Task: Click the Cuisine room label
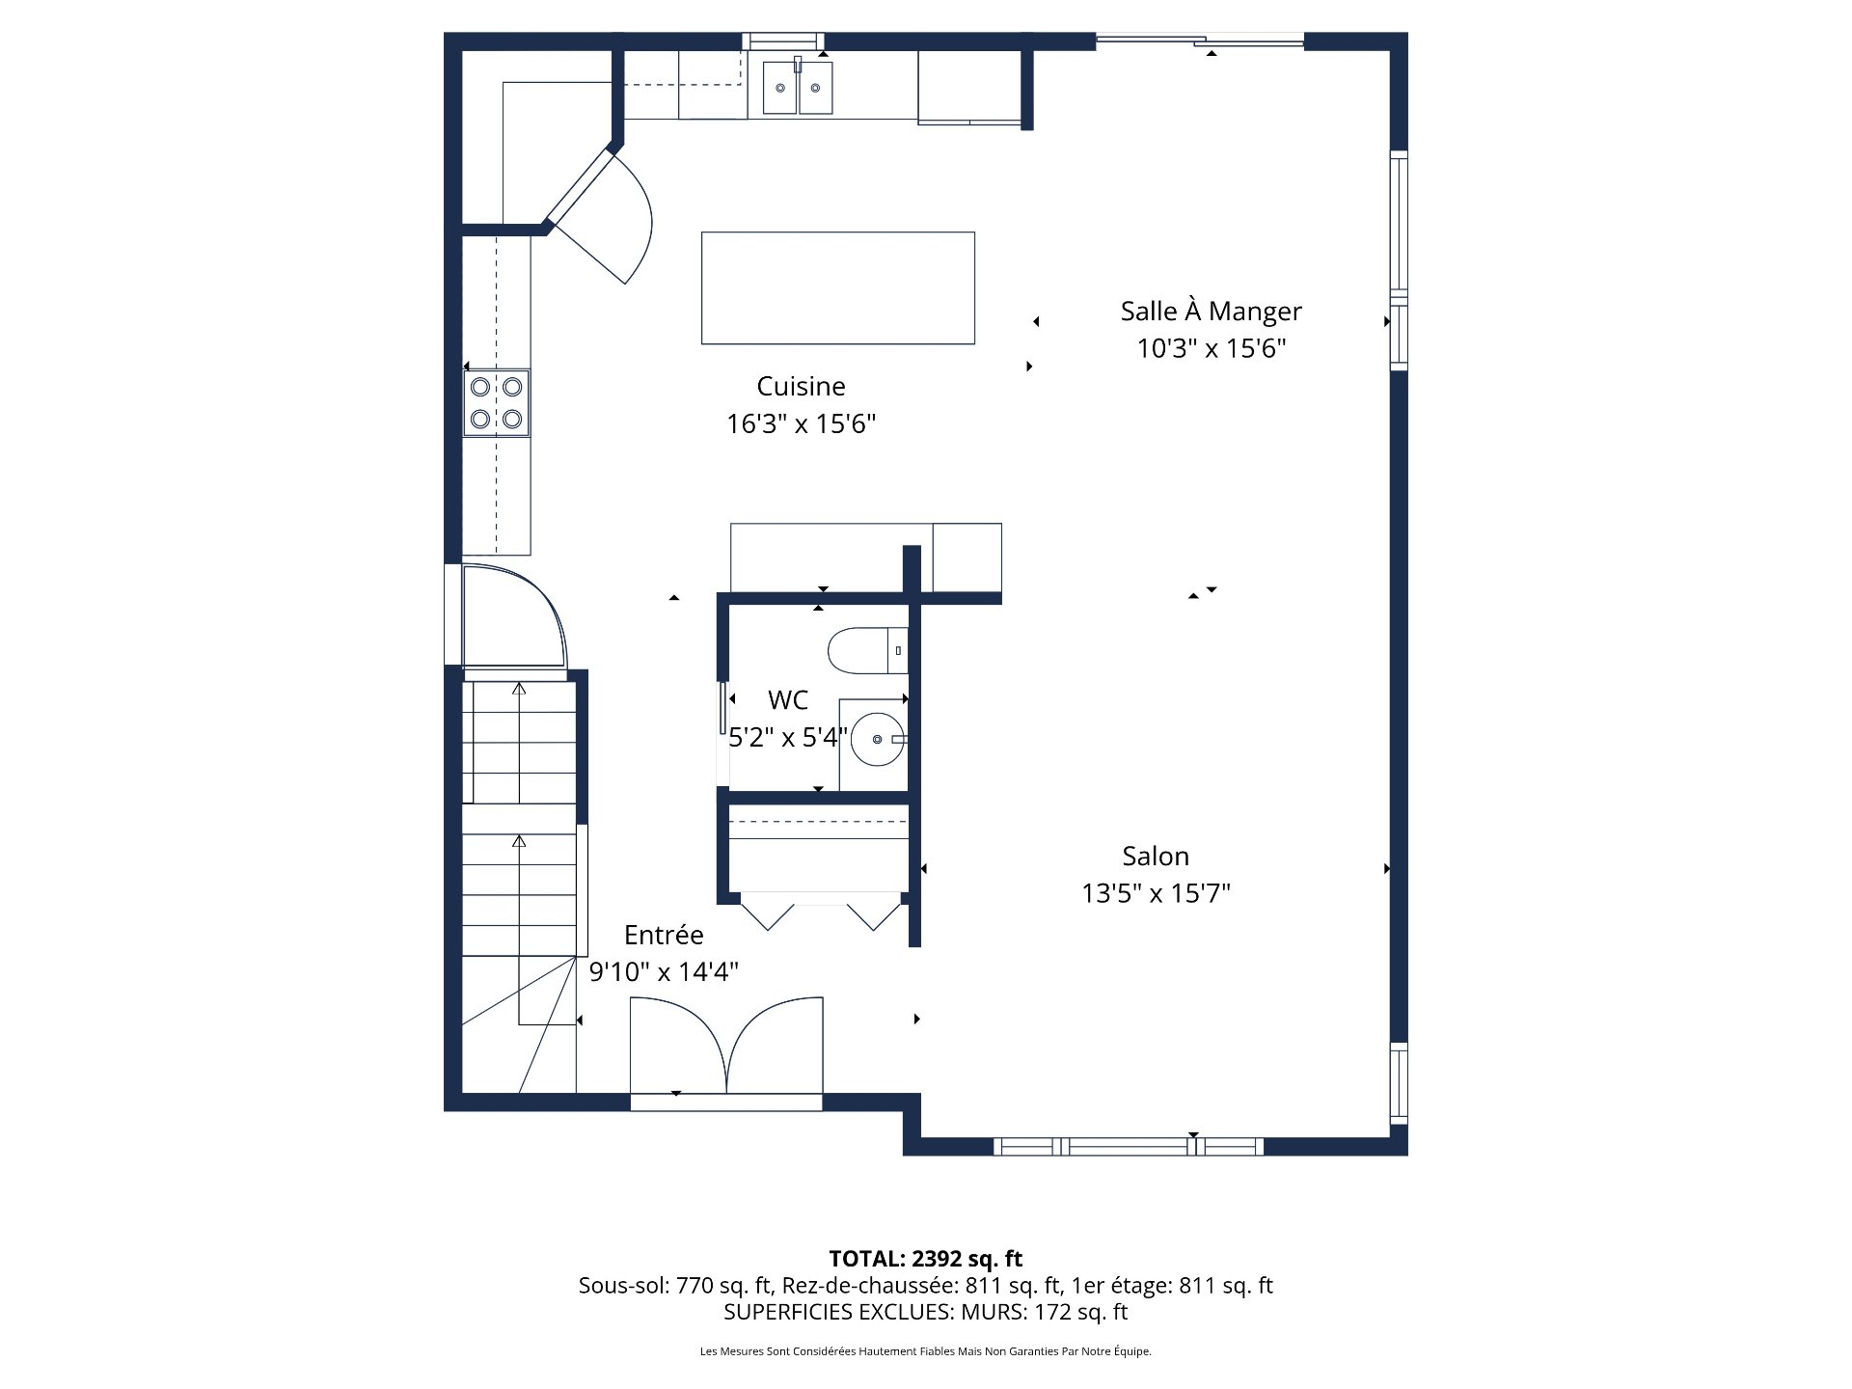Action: point(801,387)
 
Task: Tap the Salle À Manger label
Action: point(1211,312)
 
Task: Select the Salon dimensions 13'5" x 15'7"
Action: point(1156,893)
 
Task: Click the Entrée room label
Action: point(664,935)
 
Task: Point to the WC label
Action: point(788,699)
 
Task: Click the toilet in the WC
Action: point(867,650)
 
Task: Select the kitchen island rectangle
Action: point(837,287)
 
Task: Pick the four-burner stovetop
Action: point(497,402)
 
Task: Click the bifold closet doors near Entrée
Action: point(820,912)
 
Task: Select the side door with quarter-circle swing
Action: point(511,617)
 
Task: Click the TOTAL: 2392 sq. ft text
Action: point(925,1259)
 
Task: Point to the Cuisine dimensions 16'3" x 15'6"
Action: point(801,424)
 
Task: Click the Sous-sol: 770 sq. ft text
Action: point(675,1286)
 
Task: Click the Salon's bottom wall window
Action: point(1129,1146)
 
